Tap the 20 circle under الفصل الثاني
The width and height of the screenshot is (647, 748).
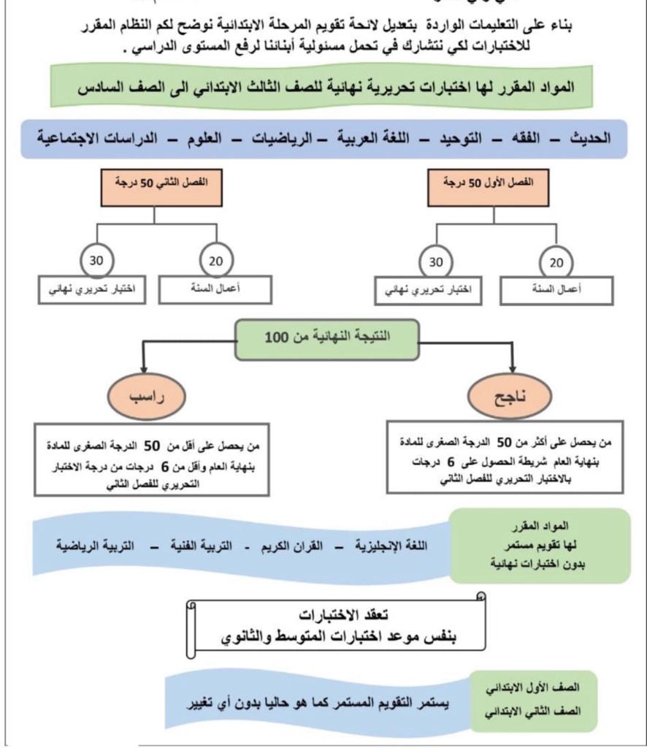click(x=215, y=261)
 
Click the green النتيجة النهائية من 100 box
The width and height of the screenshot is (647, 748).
click(x=326, y=339)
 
